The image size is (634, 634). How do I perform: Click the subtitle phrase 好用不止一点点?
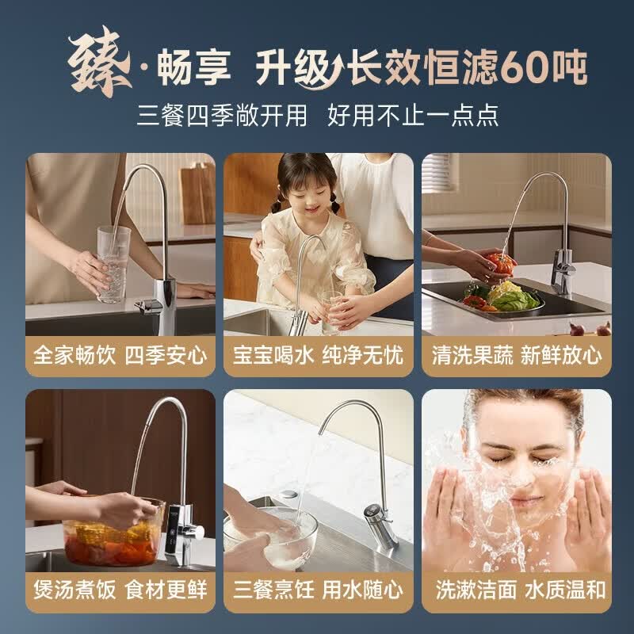(x=413, y=115)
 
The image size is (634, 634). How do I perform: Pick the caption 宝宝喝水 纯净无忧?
(x=318, y=354)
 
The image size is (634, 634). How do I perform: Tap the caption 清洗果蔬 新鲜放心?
(x=516, y=354)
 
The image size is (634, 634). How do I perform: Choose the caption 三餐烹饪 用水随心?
(x=318, y=590)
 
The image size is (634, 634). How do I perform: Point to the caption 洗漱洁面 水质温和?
(x=516, y=590)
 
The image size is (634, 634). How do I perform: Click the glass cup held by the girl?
(x=331, y=310)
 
